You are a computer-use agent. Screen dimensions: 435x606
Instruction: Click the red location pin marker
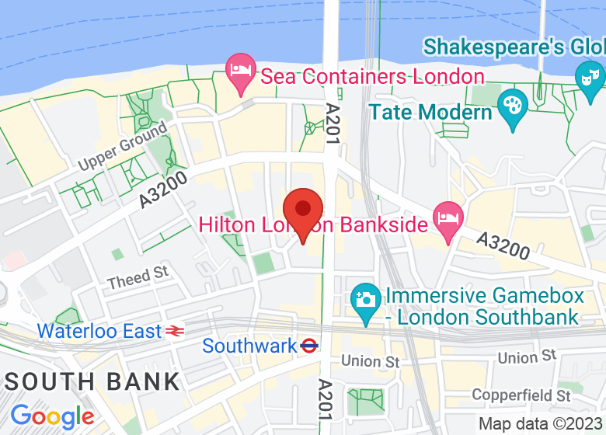(302, 211)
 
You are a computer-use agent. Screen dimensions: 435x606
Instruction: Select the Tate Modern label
(431, 112)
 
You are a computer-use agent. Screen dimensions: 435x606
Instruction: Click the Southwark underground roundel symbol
(309, 346)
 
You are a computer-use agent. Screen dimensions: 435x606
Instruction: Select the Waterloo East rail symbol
(175, 332)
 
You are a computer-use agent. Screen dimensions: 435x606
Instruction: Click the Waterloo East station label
(99, 331)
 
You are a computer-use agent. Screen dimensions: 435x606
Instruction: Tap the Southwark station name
(249, 346)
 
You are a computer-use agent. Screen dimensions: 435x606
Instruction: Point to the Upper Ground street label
(123, 148)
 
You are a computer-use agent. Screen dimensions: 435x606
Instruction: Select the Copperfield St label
(521, 395)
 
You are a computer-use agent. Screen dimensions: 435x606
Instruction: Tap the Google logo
(52, 416)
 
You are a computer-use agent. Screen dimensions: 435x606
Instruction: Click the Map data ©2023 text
(541, 424)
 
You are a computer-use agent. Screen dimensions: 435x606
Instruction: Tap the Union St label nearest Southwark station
(371, 361)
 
